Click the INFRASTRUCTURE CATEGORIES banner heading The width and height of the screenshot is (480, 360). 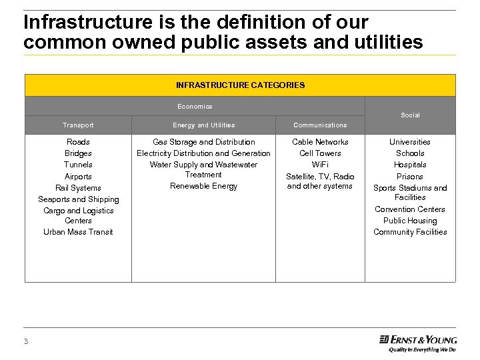[240, 85]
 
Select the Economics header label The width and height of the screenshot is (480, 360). [195, 107]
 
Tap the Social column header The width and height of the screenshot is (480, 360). [410, 115]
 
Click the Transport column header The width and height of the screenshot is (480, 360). [78, 125]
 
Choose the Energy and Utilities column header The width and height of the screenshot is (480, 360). [203, 125]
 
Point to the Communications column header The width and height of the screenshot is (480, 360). [320, 125]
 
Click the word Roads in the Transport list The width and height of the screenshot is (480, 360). [78, 142]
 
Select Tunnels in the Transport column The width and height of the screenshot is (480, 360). [78, 165]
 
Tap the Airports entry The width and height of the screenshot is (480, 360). [78, 177]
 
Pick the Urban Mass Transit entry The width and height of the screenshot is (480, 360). [78, 232]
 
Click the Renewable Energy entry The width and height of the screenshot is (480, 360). [203, 186]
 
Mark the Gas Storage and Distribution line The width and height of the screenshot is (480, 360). [203, 142]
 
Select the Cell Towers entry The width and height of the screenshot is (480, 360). [320, 153]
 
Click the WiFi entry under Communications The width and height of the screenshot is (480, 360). [320, 165]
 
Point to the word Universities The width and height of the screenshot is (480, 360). [410, 142]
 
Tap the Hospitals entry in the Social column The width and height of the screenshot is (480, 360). [410, 165]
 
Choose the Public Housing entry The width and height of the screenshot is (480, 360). [410, 221]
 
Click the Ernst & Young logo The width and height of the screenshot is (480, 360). [418, 341]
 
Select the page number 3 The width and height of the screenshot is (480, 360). [26, 342]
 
